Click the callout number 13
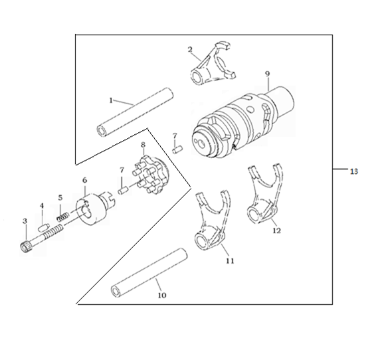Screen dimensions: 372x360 (x=353, y=171)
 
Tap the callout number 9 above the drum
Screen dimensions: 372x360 (x=267, y=74)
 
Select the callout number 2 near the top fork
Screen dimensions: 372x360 (x=190, y=49)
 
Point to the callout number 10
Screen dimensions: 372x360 (x=162, y=296)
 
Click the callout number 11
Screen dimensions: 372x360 (x=230, y=261)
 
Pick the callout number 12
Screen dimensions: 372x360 (x=276, y=230)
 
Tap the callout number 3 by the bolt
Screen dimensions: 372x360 (x=25, y=221)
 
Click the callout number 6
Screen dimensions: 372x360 (x=85, y=180)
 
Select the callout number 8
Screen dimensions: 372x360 (x=143, y=145)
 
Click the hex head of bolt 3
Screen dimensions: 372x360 (x=25, y=248)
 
